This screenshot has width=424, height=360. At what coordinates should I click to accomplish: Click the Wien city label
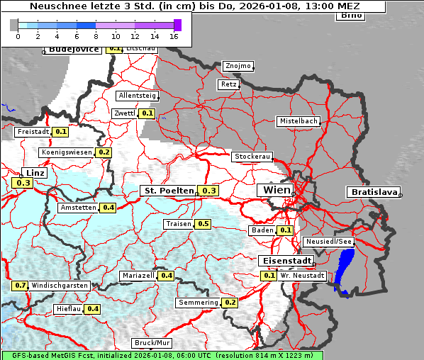point(277,191)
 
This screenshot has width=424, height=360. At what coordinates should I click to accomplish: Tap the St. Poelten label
point(168,191)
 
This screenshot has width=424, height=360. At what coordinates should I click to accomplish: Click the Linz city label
point(33,173)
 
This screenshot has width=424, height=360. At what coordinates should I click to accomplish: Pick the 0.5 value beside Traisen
point(203,224)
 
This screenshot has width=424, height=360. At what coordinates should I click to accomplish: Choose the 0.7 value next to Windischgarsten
point(21,286)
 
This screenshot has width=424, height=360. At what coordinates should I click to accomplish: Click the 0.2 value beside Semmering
point(230,303)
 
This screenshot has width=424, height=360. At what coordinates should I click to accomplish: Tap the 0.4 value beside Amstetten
point(108,208)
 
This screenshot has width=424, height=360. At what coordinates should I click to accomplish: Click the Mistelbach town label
point(299,121)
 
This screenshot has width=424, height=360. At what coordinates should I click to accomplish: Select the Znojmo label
point(238,66)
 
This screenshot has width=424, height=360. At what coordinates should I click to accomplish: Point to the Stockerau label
point(252,157)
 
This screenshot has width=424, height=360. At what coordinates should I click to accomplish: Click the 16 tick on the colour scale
point(174,35)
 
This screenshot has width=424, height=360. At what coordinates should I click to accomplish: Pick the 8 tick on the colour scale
point(96,35)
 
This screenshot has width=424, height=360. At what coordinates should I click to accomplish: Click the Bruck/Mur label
point(152,343)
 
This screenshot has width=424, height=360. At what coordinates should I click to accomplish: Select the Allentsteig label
point(138,95)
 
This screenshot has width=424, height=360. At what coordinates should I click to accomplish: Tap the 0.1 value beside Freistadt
point(61,131)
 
